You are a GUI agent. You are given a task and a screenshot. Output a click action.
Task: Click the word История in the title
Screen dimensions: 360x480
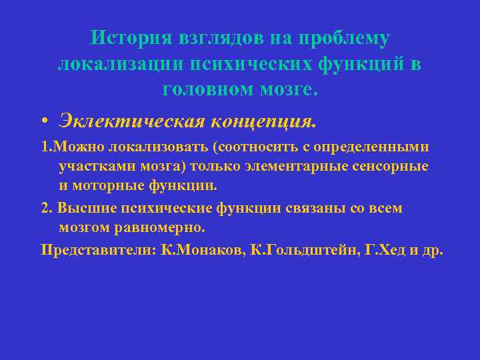[129, 38]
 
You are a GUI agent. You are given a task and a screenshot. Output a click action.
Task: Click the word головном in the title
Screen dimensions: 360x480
[205, 89]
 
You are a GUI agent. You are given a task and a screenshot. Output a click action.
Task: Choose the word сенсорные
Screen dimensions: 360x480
[394, 166]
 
